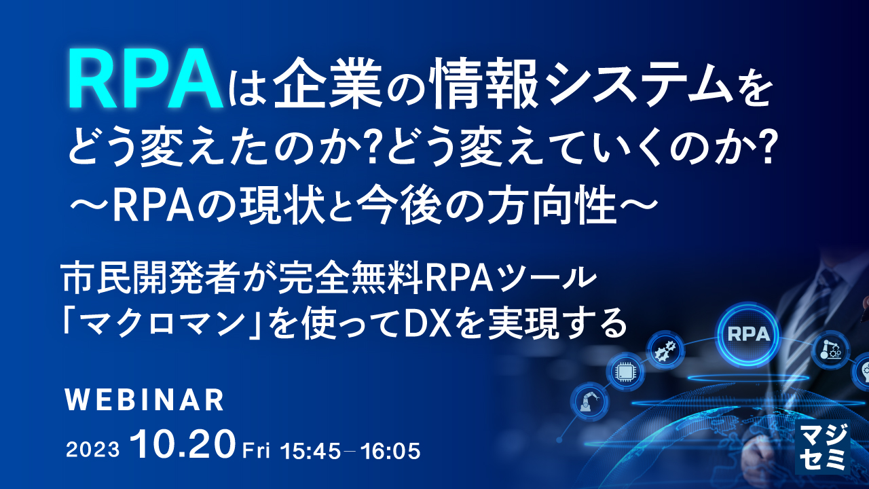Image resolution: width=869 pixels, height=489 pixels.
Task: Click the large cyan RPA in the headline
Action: (x=145, y=79)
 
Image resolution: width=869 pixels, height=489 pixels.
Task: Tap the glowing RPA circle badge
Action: (x=748, y=333)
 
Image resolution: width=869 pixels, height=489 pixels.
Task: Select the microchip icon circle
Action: (x=625, y=372)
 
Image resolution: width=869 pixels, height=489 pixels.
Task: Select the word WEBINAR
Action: (x=145, y=400)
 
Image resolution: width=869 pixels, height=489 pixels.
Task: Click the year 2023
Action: (x=93, y=450)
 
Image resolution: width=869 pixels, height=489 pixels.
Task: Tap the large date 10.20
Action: (x=183, y=445)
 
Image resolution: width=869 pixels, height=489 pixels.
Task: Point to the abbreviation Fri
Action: (x=256, y=451)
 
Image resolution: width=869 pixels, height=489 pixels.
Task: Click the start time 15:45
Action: (x=310, y=451)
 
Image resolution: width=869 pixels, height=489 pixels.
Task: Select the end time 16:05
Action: (x=390, y=451)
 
